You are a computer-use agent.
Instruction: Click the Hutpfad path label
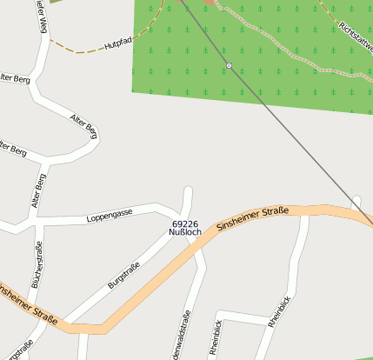point(117,42)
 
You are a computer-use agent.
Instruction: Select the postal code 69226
point(185,224)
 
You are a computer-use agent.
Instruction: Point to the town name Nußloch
point(185,233)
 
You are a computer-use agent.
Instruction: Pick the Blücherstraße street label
point(37,270)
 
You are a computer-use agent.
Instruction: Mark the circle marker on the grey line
point(229,66)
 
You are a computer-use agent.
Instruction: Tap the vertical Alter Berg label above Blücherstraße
point(39,190)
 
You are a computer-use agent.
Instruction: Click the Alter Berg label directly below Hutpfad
point(83,125)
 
